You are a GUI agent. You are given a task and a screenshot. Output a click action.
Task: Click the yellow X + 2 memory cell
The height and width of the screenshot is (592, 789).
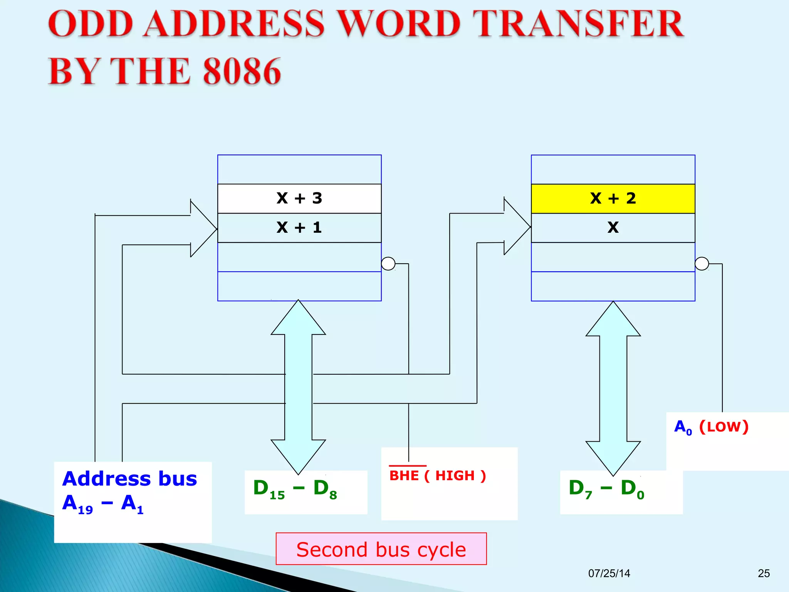613,198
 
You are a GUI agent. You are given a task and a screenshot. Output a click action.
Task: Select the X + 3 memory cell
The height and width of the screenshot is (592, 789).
299,198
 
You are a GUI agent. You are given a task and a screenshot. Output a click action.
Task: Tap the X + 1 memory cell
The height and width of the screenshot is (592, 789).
299,227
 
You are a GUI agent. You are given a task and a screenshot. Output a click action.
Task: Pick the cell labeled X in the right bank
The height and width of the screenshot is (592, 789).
613,227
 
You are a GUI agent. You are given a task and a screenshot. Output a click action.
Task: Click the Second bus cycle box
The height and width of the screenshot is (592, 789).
381,549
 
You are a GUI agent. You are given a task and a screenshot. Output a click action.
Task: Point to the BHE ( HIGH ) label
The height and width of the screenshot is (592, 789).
437,476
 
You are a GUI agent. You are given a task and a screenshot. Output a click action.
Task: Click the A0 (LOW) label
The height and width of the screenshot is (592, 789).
711,427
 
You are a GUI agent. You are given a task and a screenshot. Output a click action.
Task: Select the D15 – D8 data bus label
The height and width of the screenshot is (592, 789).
295,488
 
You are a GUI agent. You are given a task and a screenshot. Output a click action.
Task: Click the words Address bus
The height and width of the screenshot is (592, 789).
129,479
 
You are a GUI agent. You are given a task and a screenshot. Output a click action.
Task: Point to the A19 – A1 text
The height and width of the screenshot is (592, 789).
103,504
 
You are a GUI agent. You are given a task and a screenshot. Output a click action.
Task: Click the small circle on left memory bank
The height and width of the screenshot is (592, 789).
388,264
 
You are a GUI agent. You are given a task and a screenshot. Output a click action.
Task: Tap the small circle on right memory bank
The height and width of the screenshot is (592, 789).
702,264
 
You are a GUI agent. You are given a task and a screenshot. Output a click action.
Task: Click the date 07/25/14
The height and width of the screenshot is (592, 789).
609,573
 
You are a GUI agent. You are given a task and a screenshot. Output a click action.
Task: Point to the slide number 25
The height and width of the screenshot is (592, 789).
764,573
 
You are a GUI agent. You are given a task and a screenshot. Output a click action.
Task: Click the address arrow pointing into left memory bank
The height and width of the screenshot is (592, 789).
202,229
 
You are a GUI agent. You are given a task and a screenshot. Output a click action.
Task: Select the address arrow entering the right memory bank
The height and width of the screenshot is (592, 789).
516,227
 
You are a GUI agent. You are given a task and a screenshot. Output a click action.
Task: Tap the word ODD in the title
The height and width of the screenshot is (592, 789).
91,24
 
